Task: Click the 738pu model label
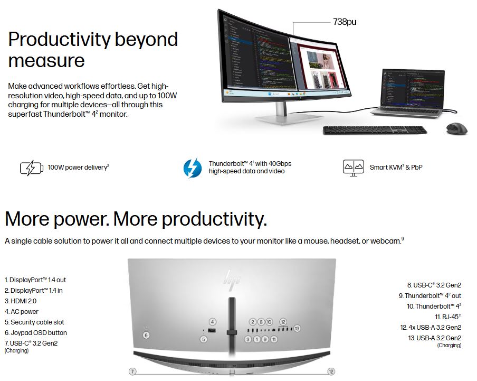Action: [x=345, y=22]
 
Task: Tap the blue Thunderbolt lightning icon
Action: [x=192, y=168]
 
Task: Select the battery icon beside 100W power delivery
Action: [x=31, y=168]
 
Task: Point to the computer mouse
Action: [x=456, y=128]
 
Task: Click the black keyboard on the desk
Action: [x=375, y=130]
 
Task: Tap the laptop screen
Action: [x=413, y=88]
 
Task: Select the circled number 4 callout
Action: [x=212, y=322]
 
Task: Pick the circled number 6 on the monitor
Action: [x=146, y=336]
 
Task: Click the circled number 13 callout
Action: [x=297, y=328]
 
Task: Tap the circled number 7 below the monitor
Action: [x=132, y=371]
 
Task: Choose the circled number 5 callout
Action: [x=204, y=339]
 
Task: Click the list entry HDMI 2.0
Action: [x=21, y=301]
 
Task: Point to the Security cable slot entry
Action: [x=34, y=322]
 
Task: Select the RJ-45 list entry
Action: [x=448, y=317]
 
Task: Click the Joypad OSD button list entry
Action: [x=35, y=333]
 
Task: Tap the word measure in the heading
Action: [x=46, y=61]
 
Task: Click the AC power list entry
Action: [x=22, y=312]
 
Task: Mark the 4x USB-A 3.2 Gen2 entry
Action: [x=431, y=328]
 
